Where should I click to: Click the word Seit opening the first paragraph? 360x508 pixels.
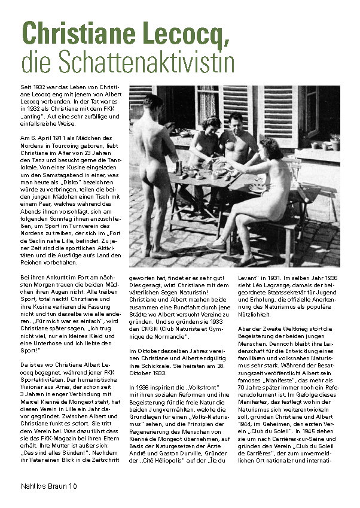pos(26,87)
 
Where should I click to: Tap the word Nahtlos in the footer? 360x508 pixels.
pos(32,486)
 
